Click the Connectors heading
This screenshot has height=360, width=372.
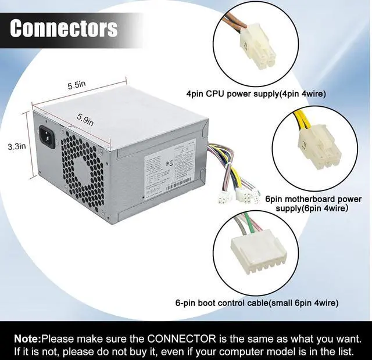click(x=64, y=28)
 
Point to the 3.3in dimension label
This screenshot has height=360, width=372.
click(x=16, y=147)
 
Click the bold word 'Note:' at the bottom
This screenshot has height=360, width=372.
click(x=27, y=337)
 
